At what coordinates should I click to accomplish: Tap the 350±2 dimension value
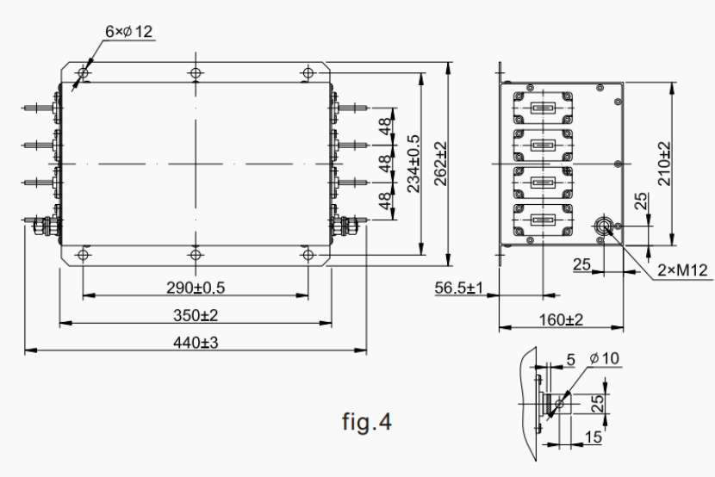196,315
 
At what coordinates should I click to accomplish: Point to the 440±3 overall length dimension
196,342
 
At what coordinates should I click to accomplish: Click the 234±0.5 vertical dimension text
413,164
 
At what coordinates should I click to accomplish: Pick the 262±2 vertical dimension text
442,164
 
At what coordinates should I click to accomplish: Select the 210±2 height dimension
664,164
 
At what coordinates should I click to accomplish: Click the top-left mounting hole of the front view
83,72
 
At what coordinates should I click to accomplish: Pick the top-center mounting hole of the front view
196,72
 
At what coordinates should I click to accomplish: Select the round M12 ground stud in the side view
606,226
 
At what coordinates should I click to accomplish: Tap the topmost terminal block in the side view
542,109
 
